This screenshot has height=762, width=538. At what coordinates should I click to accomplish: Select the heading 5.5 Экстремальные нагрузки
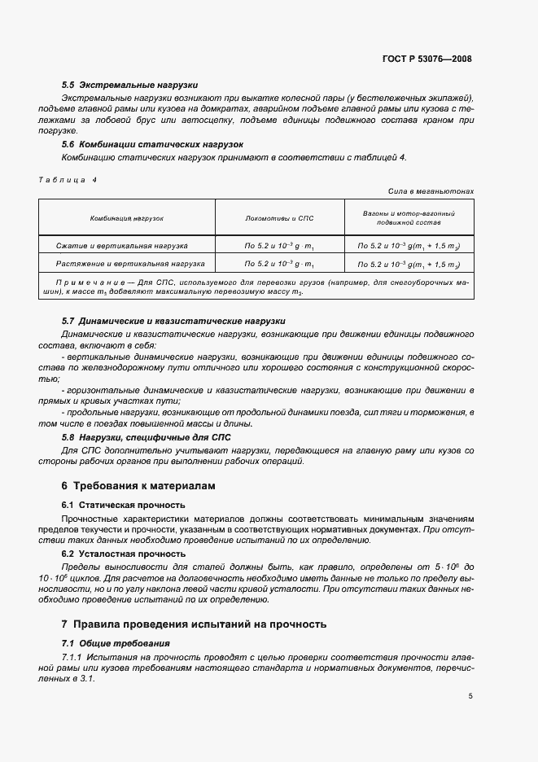pos(129,85)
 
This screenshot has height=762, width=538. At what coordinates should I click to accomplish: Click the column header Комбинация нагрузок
pos(127,219)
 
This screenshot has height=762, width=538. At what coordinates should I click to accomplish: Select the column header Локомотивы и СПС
pos(279,219)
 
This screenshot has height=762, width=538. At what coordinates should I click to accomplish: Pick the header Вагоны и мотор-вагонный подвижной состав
pos(409,217)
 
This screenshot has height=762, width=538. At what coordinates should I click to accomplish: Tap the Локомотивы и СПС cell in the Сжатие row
pos(279,244)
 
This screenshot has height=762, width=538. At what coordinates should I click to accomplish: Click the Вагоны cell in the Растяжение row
pos(409,264)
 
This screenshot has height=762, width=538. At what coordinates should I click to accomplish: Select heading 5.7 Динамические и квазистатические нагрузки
pos(173,322)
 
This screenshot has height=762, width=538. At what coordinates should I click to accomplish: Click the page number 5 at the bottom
pos(470,696)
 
